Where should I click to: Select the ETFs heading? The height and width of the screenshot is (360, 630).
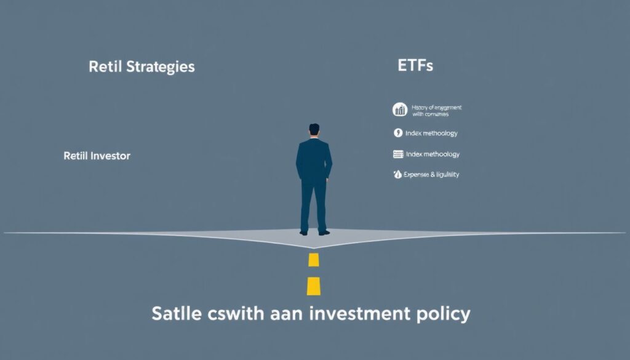pyautogui.click(x=416, y=66)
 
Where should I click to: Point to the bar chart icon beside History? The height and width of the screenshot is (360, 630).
pyautogui.click(x=400, y=110)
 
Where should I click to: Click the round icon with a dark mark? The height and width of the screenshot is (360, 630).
pyautogui.click(x=398, y=133)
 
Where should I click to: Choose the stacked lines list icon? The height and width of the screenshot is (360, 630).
pyautogui.click(x=398, y=154)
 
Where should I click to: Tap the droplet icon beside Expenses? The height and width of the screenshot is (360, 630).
pyautogui.click(x=397, y=175)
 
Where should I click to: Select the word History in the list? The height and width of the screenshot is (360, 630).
pyautogui.click(x=420, y=108)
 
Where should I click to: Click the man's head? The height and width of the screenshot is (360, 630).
pyautogui.click(x=314, y=130)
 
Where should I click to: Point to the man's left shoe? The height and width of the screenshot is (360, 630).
pyautogui.click(x=303, y=233)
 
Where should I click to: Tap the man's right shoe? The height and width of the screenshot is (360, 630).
pyautogui.click(x=324, y=232)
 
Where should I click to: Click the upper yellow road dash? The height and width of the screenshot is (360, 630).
pyautogui.click(x=314, y=259)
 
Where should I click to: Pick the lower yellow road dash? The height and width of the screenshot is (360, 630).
pyautogui.click(x=314, y=286)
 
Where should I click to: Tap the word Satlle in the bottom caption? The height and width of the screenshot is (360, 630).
pyautogui.click(x=175, y=313)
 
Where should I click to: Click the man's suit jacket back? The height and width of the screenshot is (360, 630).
pyautogui.click(x=314, y=159)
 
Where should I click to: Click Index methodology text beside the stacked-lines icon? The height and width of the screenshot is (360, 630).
pyautogui.click(x=433, y=154)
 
